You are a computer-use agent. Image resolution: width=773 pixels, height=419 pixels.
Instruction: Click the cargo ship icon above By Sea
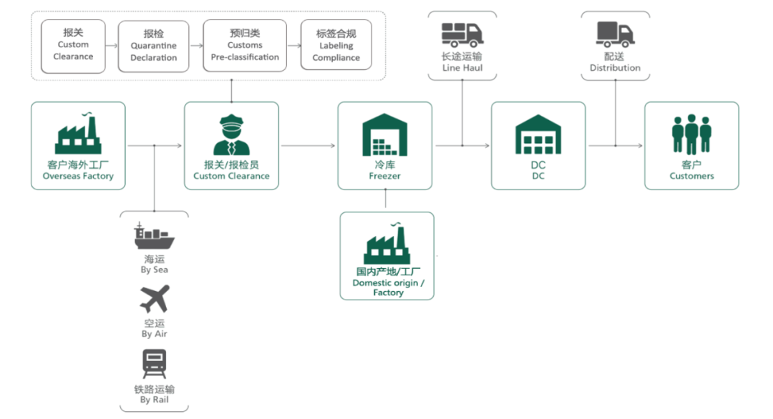point(155,236)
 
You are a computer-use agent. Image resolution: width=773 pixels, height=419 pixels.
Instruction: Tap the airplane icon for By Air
point(155,299)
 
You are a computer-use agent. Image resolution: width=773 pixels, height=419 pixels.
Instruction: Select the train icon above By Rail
point(155,363)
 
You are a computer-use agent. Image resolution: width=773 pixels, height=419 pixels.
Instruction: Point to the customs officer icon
point(231,134)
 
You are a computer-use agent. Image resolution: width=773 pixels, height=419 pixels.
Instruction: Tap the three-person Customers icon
point(691,134)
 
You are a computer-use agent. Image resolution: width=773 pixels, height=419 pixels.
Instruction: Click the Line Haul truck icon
point(462,34)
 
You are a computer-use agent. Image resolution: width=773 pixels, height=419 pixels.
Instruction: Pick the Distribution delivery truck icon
point(616,34)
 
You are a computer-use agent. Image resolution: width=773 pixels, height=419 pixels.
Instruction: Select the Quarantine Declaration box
point(154,46)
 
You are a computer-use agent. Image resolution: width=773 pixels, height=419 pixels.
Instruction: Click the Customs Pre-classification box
point(245,45)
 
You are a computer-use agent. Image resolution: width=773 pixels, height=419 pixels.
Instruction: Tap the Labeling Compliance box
point(336,45)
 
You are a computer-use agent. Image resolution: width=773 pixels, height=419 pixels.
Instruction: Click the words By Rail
point(155,400)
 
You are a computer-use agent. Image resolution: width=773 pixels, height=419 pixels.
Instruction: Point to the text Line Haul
point(462,68)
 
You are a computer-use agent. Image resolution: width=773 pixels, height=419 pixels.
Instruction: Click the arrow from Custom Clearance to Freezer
point(308,146)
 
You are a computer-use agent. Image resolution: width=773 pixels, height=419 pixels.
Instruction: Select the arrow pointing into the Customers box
point(630,146)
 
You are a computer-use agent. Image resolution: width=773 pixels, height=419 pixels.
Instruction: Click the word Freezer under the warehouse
point(384,176)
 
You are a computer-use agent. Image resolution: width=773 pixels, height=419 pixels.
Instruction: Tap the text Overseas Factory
point(78,176)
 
